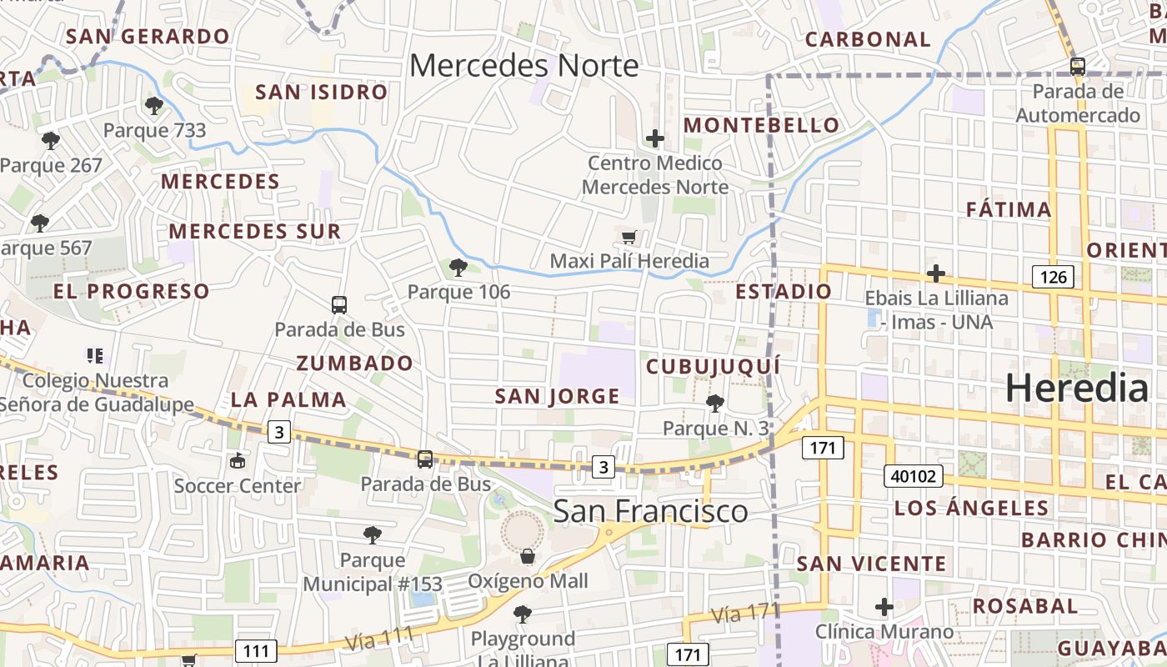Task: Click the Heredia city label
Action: (x=1077, y=389)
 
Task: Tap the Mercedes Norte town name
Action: (x=524, y=65)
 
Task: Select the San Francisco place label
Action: (x=650, y=511)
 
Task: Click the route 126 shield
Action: (x=1054, y=277)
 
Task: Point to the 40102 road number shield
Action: (x=914, y=477)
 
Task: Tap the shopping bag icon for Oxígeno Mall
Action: (x=527, y=556)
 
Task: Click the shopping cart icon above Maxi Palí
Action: (x=629, y=238)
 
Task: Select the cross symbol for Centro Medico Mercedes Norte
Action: (x=655, y=138)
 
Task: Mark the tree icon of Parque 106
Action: (x=458, y=268)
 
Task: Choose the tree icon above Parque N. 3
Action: (x=714, y=404)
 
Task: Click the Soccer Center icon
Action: (x=238, y=460)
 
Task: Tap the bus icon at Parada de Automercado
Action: (x=1077, y=67)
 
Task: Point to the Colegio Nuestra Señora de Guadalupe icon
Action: (x=95, y=356)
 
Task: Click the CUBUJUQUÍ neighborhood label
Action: (x=714, y=366)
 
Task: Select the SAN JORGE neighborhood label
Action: (x=557, y=396)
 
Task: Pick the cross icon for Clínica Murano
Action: (x=884, y=607)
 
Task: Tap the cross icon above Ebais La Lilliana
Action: (x=936, y=273)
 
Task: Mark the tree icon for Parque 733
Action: (x=153, y=105)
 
